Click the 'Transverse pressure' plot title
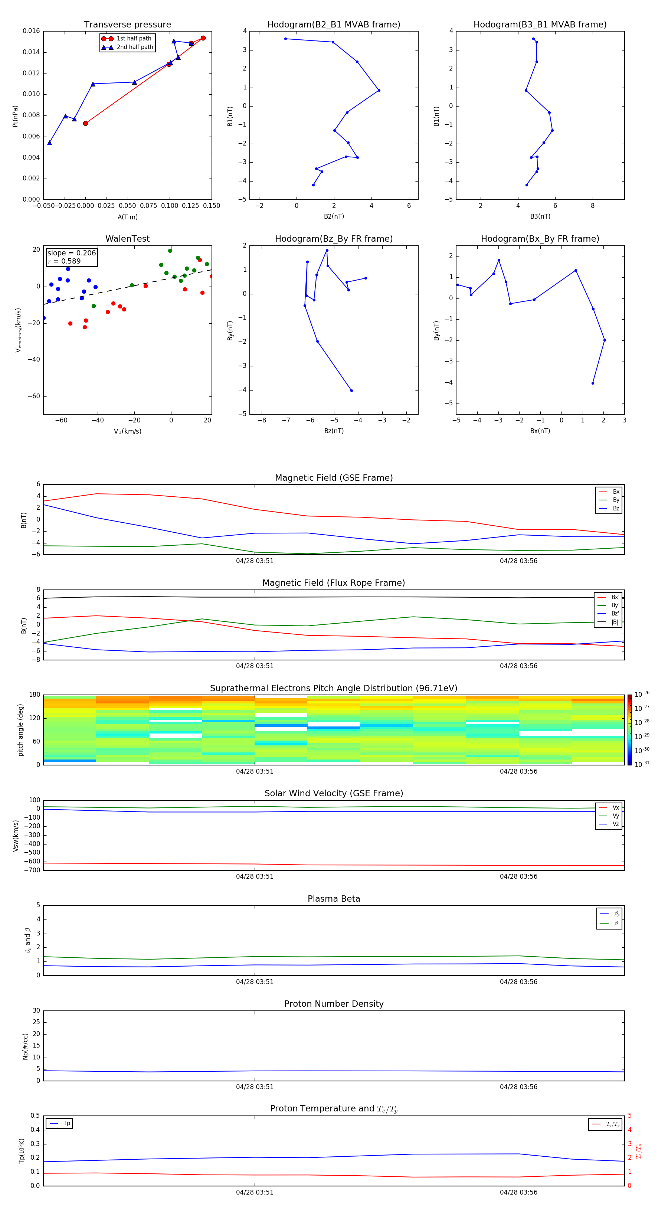coord(127,25)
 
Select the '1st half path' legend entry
coord(134,39)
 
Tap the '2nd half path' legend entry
coord(135,47)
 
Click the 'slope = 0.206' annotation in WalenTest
coord(71,253)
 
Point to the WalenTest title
coord(127,239)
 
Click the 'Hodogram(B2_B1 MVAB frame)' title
coord(333,25)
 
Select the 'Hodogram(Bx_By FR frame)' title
coord(540,239)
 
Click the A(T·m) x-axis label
coord(127,217)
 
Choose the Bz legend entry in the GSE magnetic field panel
coord(615,508)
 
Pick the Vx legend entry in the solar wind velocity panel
coord(615,807)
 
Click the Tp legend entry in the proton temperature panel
coord(66,1123)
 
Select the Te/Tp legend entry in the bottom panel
coord(612,1124)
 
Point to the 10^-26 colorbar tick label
coord(642,694)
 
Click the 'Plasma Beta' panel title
coord(333,899)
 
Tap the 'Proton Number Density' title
coord(333,1004)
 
